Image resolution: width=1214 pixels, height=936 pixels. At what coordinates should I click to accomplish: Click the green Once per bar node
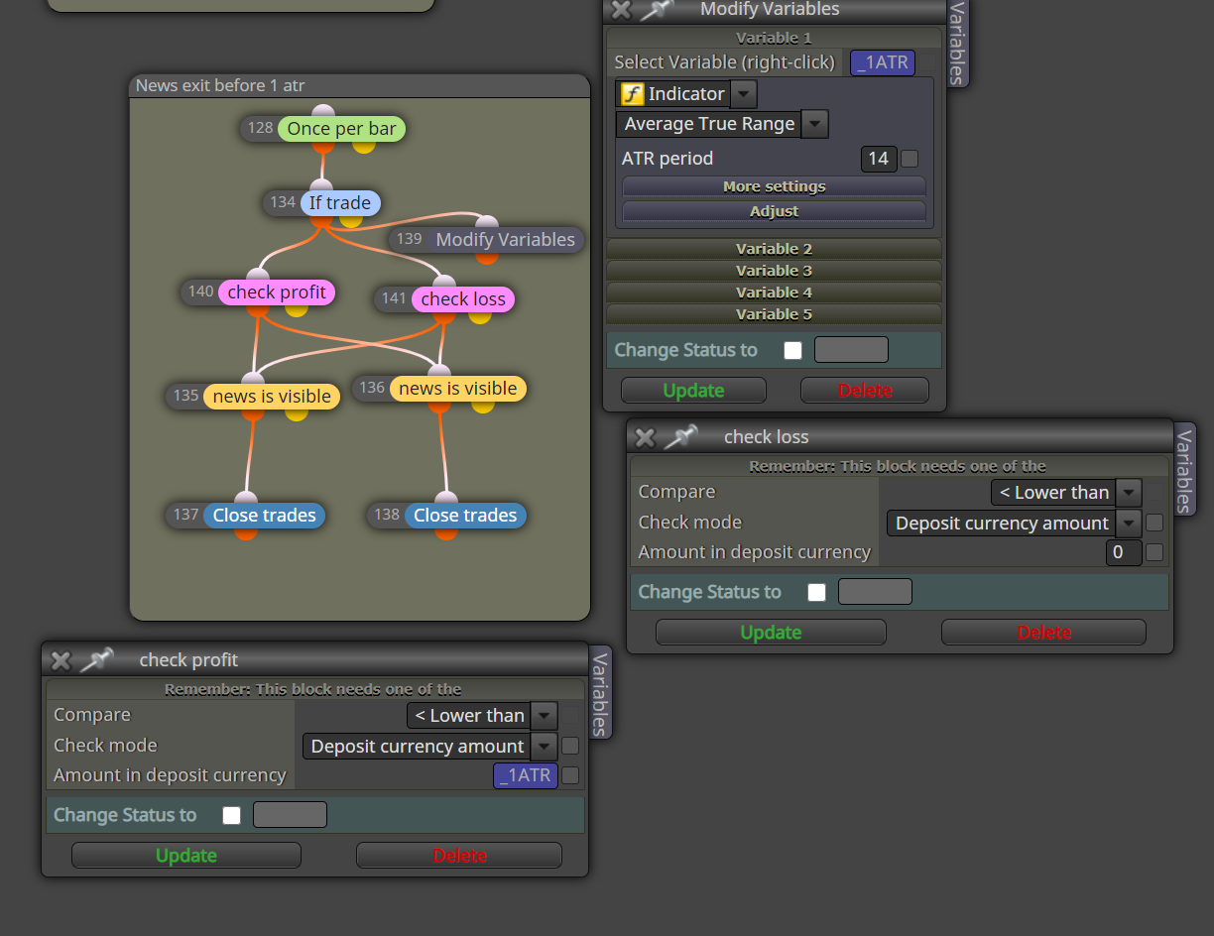click(341, 129)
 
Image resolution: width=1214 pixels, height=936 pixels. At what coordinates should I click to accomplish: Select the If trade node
click(340, 202)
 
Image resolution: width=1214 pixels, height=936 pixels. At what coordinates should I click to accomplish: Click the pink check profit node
click(277, 292)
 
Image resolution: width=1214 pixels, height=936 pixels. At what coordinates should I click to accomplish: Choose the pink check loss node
click(463, 299)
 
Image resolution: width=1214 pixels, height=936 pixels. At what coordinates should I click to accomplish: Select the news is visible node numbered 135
click(272, 396)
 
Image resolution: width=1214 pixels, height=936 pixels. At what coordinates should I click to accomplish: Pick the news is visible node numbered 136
click(457, 388)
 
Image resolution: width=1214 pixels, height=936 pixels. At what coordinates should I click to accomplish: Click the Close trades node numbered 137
click(264, 515)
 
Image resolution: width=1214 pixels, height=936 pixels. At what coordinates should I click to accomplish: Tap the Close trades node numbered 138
click(465, 515)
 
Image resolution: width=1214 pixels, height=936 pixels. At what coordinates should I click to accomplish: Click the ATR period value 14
click(878, 159)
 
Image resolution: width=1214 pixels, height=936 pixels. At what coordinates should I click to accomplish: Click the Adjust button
click(774, 211)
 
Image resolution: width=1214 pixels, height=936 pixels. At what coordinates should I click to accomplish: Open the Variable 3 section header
click(774, 271)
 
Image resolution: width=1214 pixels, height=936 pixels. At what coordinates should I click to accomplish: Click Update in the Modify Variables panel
click(693, 391)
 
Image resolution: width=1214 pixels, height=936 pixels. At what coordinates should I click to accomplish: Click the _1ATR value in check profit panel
click(525, 775)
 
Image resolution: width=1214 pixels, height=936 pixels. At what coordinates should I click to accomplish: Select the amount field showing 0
click(1123, 552)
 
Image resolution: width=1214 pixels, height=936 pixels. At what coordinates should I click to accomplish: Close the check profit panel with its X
click(61, 660)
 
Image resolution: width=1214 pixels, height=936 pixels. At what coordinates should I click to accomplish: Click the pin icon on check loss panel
click(681, 436)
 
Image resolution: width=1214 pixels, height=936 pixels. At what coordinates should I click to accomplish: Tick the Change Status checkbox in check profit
click(231, 815)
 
